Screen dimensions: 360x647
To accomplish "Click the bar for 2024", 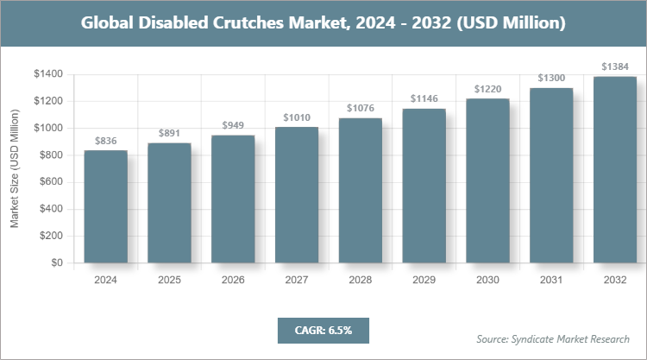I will pyautogui.click(x=105, y=206).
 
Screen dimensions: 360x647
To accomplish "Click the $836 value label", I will pyautogui.click(x=105, y=141).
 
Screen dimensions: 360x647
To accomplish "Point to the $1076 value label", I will pyautogui.click(x=360, y=108).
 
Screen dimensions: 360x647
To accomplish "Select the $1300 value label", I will pyautogui.click(x=551, y=79).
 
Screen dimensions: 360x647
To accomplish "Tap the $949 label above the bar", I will pyautogui.click(x=233, y=125).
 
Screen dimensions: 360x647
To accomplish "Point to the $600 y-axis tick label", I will pyautogui.click(x=50, y=182).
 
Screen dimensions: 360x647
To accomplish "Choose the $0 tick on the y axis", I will pyautogui.click(x=56, y=262).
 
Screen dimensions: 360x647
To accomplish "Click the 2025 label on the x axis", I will pyautogui.click(x=169, y=281).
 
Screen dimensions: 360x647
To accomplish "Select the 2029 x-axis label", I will pyautogui.click(x=424, y=281).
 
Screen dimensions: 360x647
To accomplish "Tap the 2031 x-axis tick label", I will pyautogui.click(x=551, y=281).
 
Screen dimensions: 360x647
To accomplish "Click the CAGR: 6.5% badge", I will pyautogui.click(x=323, y=330).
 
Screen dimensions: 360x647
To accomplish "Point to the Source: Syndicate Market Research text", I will pyautogui.click(x=553, y=338).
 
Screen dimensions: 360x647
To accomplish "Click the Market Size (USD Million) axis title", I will pyautogui.click(x=15, y=168).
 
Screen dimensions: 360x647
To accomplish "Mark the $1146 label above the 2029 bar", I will pyautogui.click(x=424, y=98).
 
